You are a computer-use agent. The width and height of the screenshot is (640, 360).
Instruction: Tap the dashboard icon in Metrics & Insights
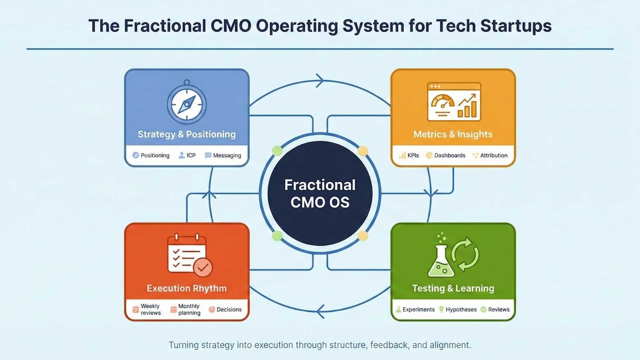(x=454, y=102)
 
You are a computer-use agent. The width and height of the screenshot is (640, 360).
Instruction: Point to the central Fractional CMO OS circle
(x=320, y=194)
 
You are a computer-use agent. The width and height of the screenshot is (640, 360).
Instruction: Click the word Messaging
(x=227, y=156)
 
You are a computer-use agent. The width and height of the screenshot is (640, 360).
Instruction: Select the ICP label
(x=191, y=156)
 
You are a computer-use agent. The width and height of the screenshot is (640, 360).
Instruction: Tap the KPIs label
(x=413, y=156)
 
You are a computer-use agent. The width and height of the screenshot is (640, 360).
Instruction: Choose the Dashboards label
(x=450, y=156)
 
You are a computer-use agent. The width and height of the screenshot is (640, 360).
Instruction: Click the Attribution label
(x=494, y=156)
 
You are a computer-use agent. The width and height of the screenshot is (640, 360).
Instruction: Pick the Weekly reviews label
(x=150, y=310)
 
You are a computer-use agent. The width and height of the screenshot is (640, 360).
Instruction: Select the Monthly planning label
(x=189, y=310)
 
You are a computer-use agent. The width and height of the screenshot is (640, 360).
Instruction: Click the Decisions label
(x=229, y=310)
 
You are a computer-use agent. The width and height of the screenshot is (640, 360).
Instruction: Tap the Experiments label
(x=418, y=310)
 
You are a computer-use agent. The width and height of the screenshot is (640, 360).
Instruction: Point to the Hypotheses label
(x=461, y=310)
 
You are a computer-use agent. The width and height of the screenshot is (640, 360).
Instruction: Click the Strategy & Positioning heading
(x=186, y=134)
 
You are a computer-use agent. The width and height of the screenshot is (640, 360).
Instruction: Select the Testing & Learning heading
(x=453, y=288)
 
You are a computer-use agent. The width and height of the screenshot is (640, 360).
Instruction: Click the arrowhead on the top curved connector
(x=320, y=80)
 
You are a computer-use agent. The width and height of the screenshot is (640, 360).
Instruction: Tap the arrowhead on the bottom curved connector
(x=320, y=311)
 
